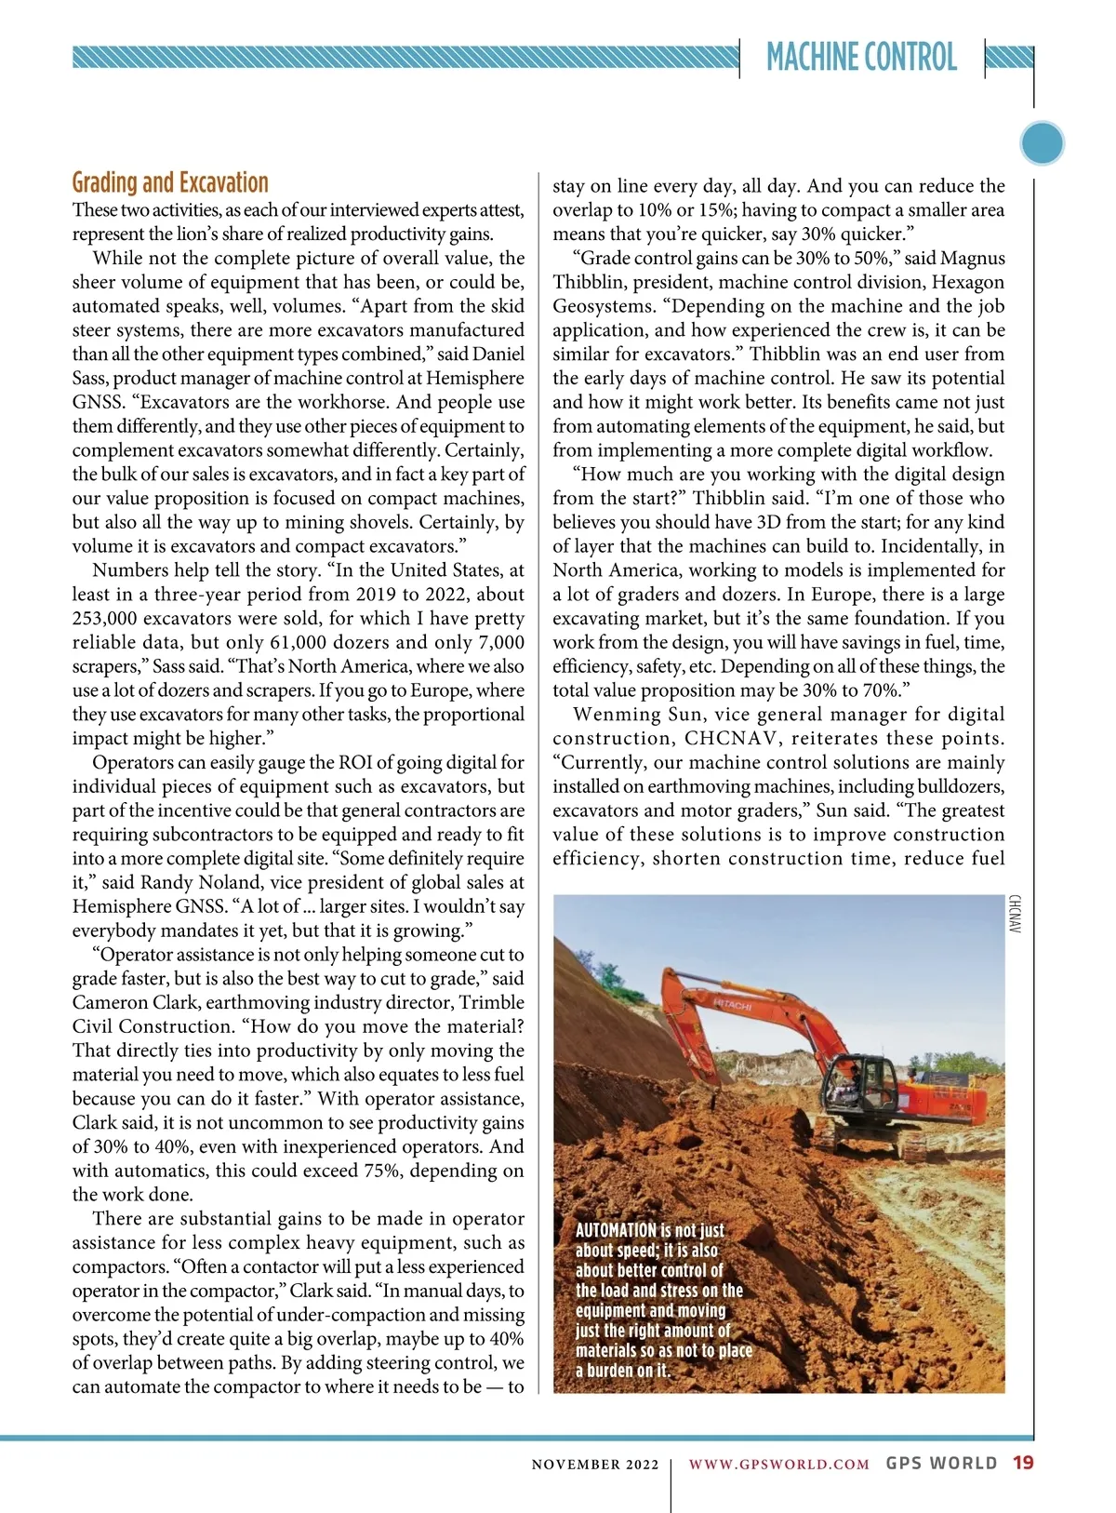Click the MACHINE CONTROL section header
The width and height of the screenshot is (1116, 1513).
[861, 58]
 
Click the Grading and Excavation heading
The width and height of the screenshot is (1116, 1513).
[170, 182]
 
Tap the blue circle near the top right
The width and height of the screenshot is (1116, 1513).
[1042, 143]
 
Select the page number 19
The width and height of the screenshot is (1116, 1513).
[1023, 1463]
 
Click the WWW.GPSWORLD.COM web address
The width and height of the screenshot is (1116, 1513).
[778, 1464]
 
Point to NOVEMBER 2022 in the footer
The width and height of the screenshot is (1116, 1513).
[595, 1465]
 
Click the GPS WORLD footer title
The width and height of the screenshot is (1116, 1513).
[941, 1463]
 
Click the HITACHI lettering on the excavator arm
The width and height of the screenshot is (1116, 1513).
[733, 1005]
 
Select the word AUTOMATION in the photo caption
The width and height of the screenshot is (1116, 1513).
[616, 1230]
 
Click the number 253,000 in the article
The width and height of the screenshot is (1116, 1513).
[104, 619]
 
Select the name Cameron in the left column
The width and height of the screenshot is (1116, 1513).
[108, 1003]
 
